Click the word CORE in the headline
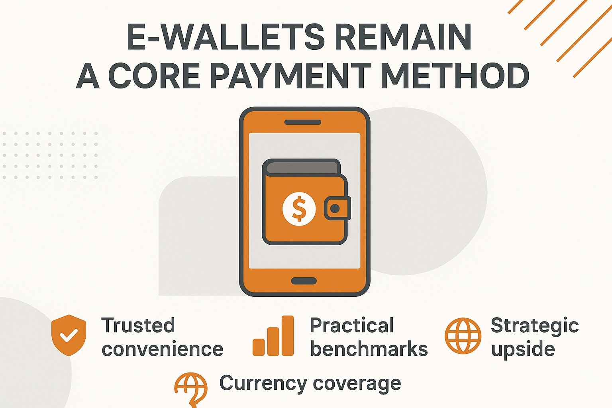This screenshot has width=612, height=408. tap(155, 75)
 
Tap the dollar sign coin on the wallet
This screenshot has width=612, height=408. tap(299, 209)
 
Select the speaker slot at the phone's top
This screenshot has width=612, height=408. tap(303, 122)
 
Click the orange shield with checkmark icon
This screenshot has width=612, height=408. tap(69, 335)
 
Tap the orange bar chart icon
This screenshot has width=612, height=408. tap(273, 335)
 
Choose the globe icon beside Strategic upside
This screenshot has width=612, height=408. tap(463, 336)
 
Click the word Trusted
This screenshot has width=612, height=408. tap(138, 325)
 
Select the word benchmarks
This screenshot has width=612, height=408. tap(369, 349)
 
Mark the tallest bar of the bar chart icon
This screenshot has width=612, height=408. tap(288, 335)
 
